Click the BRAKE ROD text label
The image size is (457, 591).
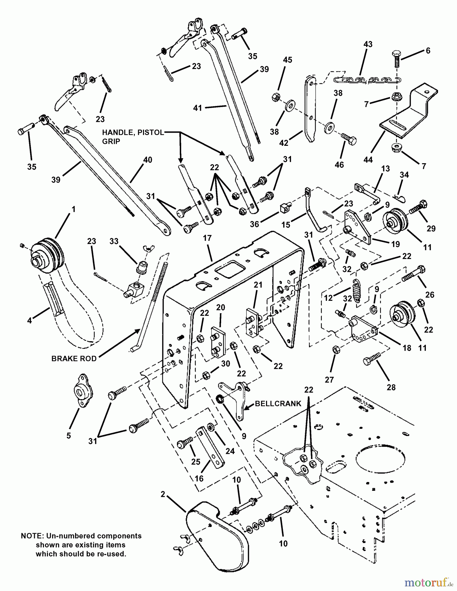coord(74,359)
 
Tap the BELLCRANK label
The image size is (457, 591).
coord(278,404)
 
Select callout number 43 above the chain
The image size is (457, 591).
coord(368,44)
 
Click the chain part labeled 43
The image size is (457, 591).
coord(367,80)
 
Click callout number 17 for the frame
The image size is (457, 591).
coord(207,238)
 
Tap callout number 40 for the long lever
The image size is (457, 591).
coord(148,160)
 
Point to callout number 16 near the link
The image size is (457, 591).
coord(199,478)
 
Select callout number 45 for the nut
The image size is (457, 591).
coord(287,60)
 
